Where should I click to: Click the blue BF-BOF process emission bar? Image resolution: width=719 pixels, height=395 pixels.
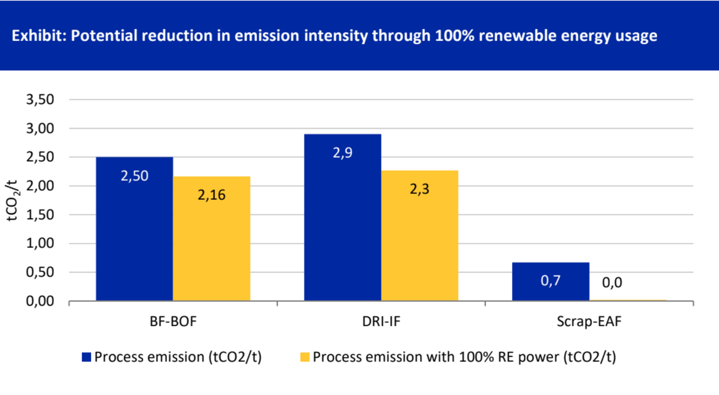point(134,234)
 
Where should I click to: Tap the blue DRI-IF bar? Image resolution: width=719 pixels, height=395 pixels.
point(342,225)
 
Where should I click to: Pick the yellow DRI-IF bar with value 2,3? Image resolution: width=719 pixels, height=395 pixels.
point(420,243)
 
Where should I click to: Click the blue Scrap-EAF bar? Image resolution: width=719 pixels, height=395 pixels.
point(550,288)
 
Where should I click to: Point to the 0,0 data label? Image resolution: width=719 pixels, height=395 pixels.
point(612,283)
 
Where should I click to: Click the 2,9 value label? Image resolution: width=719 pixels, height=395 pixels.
point(342,153)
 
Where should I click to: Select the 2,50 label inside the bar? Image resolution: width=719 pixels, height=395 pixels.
point(134,176)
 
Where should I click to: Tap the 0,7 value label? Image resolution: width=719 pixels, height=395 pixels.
point(550,281)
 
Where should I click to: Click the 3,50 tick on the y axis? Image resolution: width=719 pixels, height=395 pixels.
point(40,99)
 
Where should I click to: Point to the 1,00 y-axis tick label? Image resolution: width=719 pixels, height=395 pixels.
point(40,243)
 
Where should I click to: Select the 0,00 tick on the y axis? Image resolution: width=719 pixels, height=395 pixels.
point(40,301)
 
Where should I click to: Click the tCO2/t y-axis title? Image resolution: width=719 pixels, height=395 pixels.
point(12,200)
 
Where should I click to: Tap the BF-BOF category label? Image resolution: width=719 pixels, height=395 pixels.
point(173,322)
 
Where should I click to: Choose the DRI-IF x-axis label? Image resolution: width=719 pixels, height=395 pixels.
point(381,322)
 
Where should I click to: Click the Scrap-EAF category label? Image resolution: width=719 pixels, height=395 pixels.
point(589,322)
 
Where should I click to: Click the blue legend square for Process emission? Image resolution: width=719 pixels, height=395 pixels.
point(86,357)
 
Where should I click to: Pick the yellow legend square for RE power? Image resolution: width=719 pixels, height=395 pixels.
point(305,357)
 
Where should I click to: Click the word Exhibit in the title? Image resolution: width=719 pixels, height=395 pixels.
point(38,36)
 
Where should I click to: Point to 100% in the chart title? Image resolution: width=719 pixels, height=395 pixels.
point(454,36)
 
